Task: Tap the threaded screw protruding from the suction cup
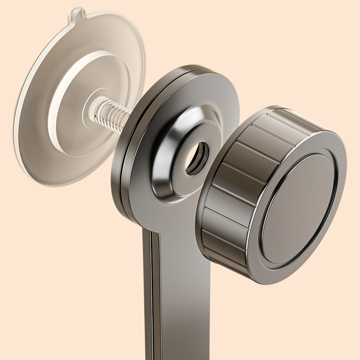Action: click(110, 116)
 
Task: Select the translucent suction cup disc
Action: click(50, 91)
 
